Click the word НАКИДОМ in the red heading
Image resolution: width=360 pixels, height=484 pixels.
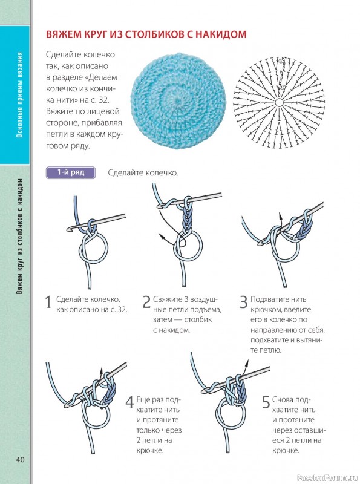[x=221, y=34]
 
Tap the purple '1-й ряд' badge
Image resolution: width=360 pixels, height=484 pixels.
[x=70, y=172]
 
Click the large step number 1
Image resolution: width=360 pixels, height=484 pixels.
[x=48, y=302]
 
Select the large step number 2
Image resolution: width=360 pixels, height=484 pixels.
[x=146, y=302]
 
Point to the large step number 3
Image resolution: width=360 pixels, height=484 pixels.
[x=244, y=302]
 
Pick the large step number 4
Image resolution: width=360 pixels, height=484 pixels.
[x=129, y=402]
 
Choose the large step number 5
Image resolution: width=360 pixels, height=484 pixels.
[x=266, y=402]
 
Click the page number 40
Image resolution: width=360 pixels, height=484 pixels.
[x=20, y=460]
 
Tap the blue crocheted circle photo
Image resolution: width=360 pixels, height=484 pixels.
[x=178, y=101]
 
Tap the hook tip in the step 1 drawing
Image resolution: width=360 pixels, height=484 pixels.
[x=68, y=229]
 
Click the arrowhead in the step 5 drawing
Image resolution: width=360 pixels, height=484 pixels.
[x=247, y=362]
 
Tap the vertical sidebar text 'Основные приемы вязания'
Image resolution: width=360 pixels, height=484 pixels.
[x=20, y=94]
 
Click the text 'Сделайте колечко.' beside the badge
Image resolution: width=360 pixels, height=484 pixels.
[x=143, y=172]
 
